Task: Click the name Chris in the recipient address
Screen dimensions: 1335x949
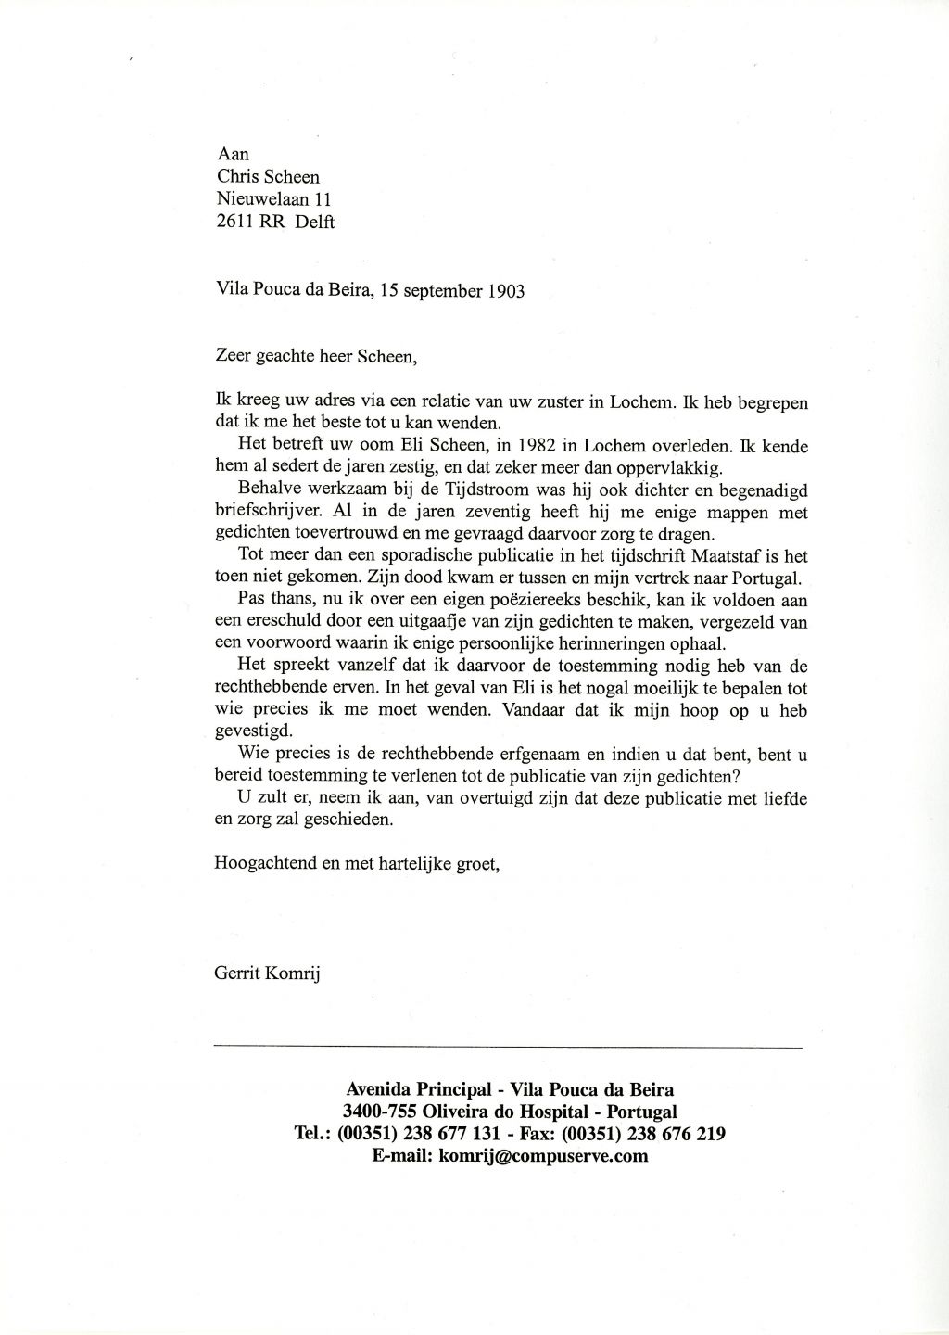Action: click(x=235, y=177)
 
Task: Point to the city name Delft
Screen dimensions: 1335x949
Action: click(x=315, y=222)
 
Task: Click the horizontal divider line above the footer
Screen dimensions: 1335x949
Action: click(x=508, y=1047)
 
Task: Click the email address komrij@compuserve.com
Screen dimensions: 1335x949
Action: click(x=543, y=1156)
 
